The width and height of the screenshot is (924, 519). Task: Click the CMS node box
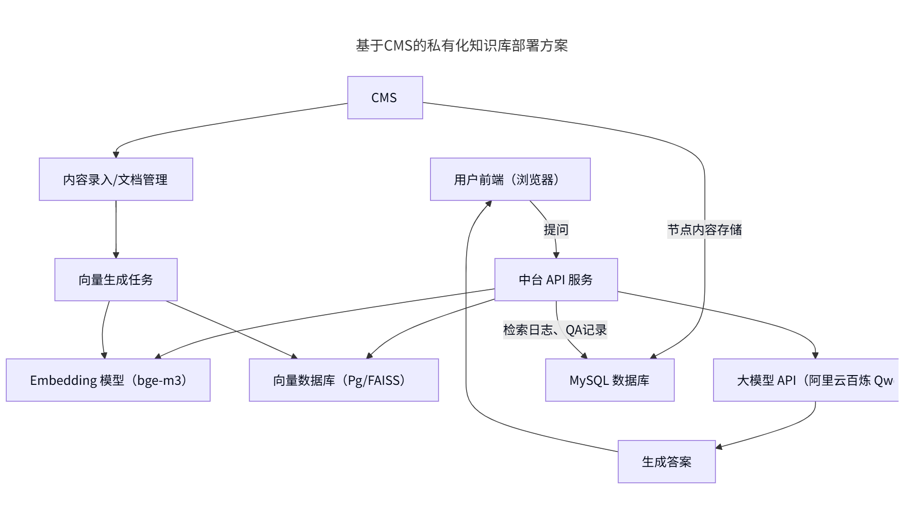point(385,98)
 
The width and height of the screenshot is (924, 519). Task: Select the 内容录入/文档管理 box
point(115,179)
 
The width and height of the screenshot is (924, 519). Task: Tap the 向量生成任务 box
point(115,280)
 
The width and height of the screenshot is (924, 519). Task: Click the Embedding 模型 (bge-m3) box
point(108,380)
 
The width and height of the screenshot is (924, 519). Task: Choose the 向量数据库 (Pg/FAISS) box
point(343,380)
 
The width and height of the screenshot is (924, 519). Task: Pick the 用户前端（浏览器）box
point(510,179)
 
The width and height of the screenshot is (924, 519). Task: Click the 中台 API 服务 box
point(556,280)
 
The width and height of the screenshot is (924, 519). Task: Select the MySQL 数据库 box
point(609,380)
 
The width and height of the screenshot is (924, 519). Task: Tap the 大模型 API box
point(805,380)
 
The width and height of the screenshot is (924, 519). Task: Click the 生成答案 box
point(666,462)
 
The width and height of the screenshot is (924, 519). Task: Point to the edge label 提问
point(556,229)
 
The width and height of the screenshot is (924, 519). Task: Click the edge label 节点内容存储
point(704,229)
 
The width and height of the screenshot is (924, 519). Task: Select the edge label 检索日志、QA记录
point(555,330)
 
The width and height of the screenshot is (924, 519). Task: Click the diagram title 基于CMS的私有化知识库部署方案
point(461,45)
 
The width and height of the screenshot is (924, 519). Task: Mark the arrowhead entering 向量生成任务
point(116,255)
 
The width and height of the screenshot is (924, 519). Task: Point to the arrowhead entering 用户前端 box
point(488,203)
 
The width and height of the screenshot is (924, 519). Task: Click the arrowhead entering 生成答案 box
point(719,447)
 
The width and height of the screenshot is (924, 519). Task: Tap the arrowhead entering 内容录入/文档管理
point(117,154)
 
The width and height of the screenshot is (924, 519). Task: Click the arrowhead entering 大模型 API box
point(815,355)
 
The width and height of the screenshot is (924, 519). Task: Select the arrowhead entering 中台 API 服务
point(556,255)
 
